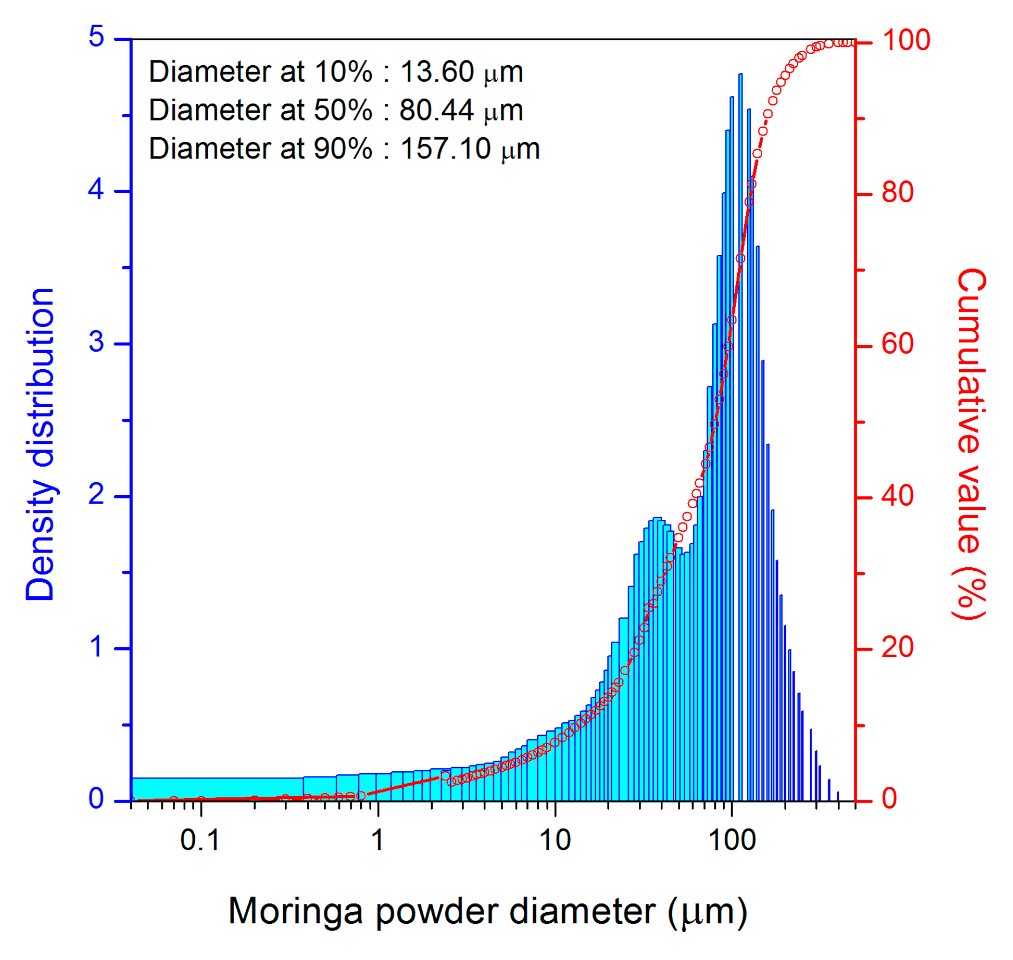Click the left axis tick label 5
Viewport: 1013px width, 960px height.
(97, 37)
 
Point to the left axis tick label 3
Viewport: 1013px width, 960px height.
(97, 342)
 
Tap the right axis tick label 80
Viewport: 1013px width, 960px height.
(897, 193)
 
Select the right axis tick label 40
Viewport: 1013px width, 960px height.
(897, 496)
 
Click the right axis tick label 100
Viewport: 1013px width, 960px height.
(906, 41)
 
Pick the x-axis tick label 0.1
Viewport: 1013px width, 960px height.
(200, 841)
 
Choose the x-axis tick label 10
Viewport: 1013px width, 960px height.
(555, 841)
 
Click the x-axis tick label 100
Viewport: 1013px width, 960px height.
(732, 841)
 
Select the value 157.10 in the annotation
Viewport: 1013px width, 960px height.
(445, 149)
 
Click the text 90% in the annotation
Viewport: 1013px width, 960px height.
(343, 149)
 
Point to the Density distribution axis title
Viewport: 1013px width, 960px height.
(40, 445)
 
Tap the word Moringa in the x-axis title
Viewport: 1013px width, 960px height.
(295, 911)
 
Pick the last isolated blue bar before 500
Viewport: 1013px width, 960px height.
(838, 796)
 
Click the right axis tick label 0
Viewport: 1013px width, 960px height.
(889, 799)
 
